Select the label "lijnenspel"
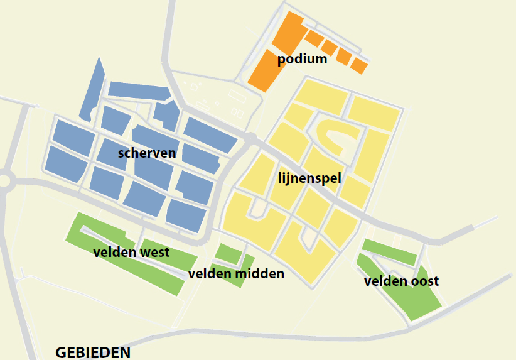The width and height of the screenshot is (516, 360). (309, 178)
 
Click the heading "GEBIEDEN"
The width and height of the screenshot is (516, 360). (93, 352)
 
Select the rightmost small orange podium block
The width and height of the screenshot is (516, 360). (359, 65)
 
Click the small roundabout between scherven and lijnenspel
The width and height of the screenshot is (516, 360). (251, 139)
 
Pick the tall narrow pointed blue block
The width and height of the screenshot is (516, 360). (92, 91)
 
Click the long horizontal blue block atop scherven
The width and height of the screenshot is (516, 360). (139, 90)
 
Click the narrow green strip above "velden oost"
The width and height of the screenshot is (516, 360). (389, 251)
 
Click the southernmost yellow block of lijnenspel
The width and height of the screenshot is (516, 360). (306, 254)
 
